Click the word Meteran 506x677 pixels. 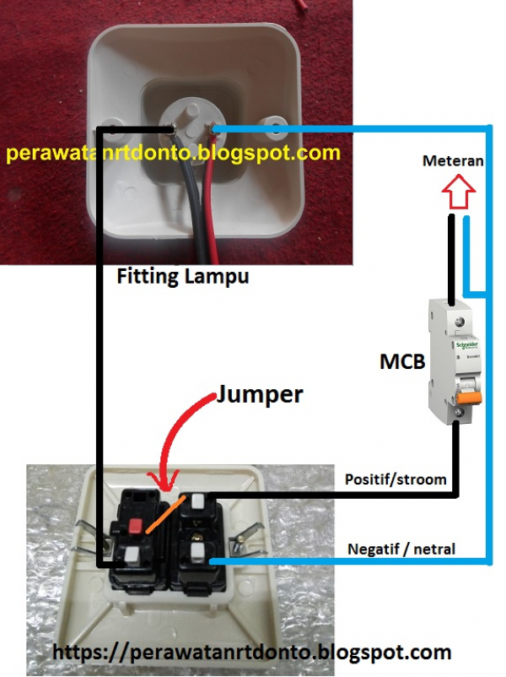[x=454, y=161]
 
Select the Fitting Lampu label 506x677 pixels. [x=182, y=276]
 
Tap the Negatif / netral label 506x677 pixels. [x=401, y=550]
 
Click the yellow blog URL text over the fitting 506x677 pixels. [x=173, y=154]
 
